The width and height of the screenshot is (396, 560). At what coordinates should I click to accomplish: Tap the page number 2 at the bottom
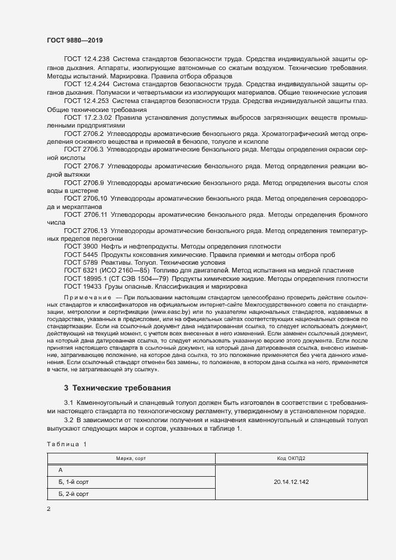pos(49,509)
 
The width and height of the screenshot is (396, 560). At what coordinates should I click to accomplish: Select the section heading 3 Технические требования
pos(117,388)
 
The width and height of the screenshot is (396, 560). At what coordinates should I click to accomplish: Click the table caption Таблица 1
pos(66,443)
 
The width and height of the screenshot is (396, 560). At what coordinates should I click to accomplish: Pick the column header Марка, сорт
pos(131,458)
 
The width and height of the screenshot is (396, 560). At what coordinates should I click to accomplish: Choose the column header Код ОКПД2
pos(291,458)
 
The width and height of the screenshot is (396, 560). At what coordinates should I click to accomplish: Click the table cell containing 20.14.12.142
pos(291,482)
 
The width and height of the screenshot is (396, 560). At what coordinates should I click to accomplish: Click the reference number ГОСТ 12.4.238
pos(86,59)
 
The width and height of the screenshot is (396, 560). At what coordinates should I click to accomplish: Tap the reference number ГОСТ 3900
pos(79,246)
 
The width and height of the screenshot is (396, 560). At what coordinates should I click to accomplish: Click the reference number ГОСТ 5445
pos(79,255)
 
